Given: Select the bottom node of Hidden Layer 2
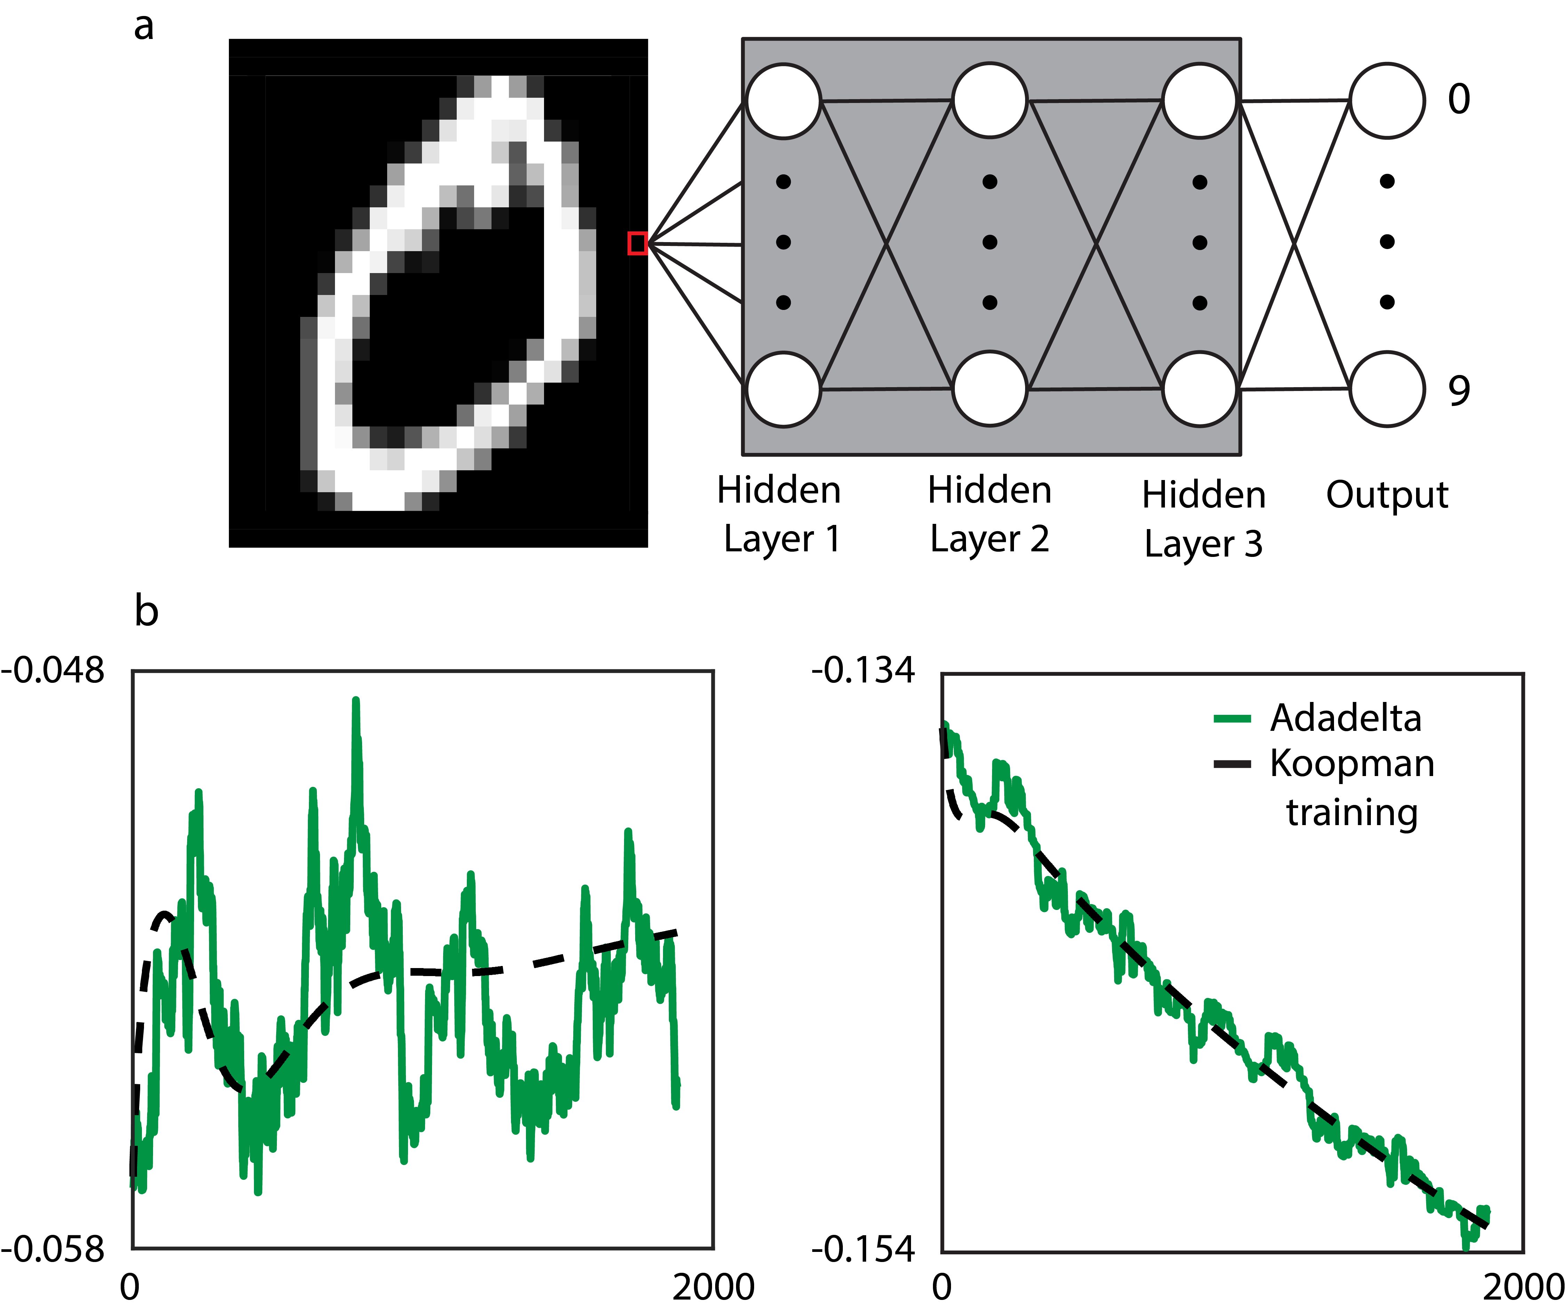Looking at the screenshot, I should pos(990,389).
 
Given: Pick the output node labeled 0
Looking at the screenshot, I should pos(1387,101).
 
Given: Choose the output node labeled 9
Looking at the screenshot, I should pos(1387,389).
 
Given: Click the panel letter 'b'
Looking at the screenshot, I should pos(146,612).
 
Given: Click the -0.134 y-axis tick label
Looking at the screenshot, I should pos(863,671).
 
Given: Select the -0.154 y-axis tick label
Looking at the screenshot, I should pos(863,1249).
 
